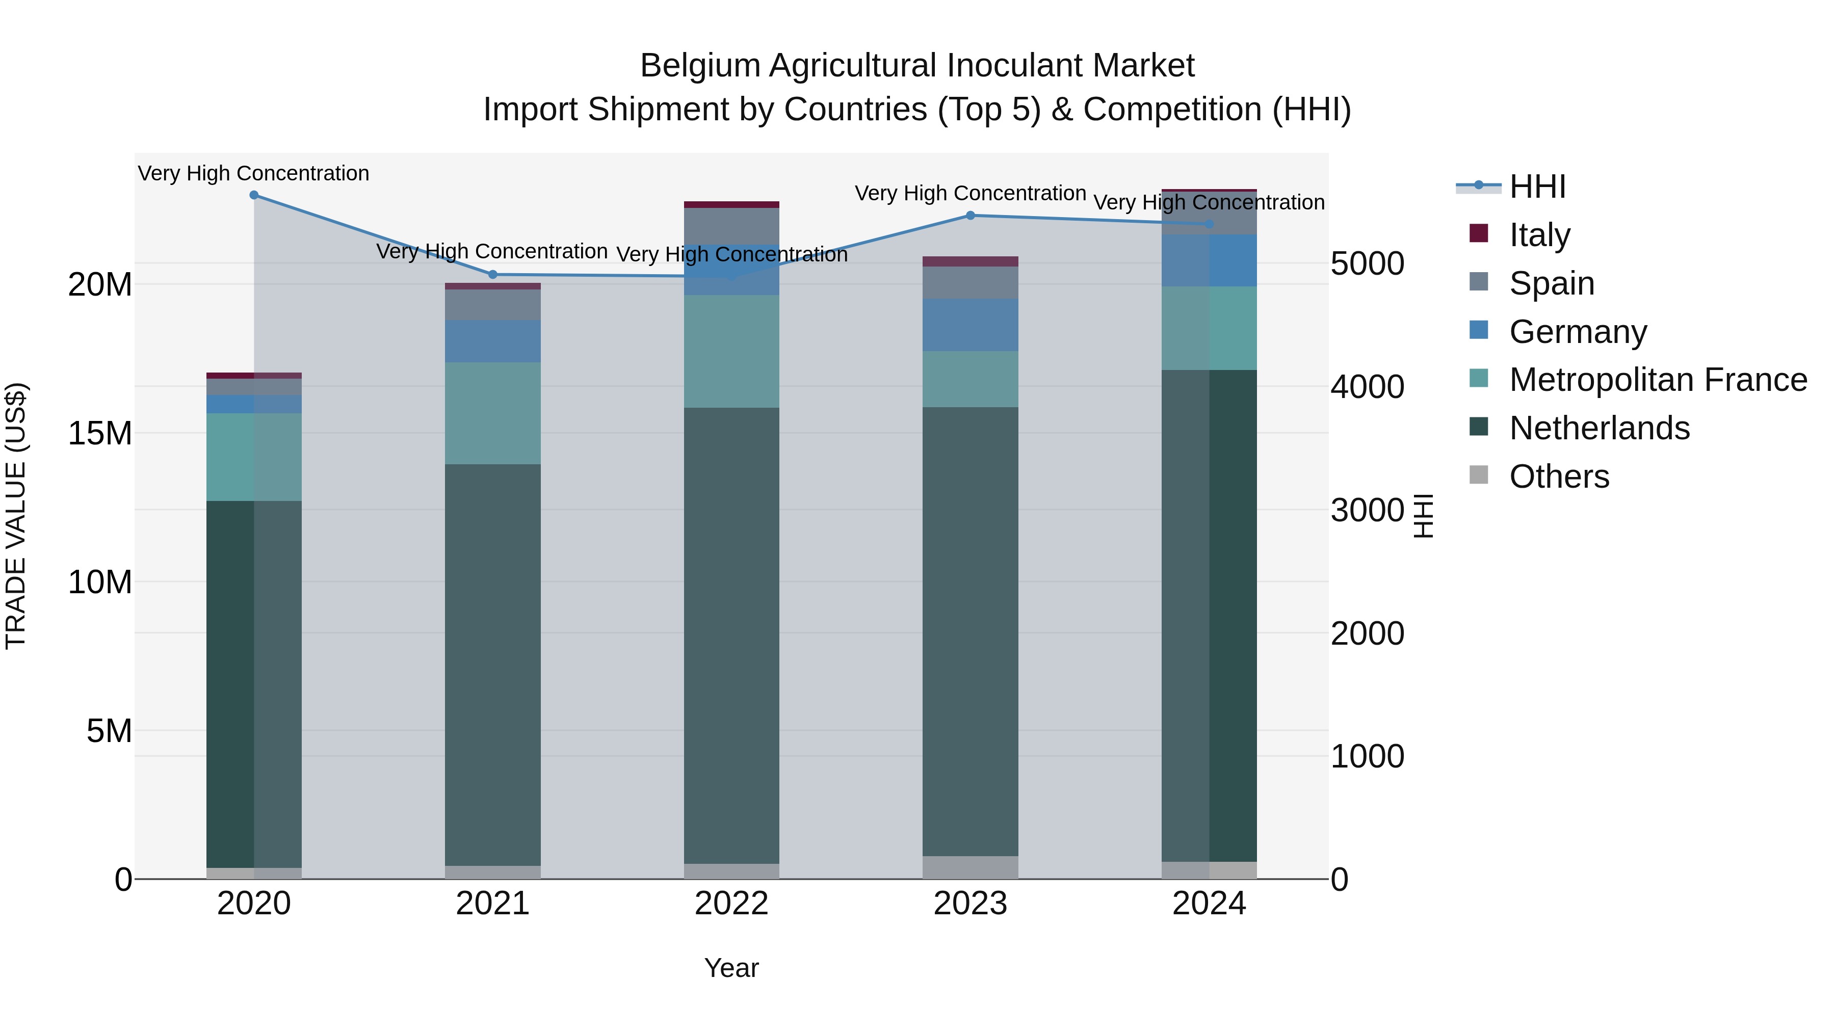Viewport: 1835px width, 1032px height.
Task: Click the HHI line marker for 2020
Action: click(254, 195)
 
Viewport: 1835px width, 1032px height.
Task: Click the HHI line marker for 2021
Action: click(492, 274)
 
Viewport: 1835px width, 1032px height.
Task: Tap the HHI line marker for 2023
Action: click(970, 215)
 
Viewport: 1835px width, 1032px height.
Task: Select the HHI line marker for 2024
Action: click(1209, 224)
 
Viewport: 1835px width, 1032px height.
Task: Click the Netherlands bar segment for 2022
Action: click(731, 634)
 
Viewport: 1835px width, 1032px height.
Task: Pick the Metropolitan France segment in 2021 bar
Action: click(492, 413)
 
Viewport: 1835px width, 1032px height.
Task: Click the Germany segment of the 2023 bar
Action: click(970, 325)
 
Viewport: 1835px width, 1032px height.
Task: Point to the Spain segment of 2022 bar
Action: click(731, 226)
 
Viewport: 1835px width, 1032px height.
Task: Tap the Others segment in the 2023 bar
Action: click(970, 867)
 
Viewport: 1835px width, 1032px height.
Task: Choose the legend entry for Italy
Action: click(1539, 235)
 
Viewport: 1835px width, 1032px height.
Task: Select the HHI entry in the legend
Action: click(1537, 187)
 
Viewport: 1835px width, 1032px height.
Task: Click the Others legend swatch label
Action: click(1559, 477)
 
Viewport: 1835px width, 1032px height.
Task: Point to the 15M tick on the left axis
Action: click(100, 433)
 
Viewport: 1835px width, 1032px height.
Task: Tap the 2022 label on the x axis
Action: click(731, 904)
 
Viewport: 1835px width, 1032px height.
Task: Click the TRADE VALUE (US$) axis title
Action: click(16, 516)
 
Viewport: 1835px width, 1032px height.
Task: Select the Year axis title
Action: click(731, 968)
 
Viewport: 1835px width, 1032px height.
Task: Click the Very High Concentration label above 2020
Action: click(254, 173)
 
